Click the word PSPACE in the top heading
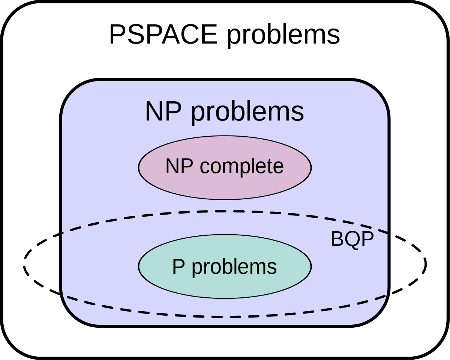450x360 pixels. click(x=163, y=35)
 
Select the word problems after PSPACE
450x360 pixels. click(x=283, y=36)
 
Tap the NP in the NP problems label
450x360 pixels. click(x=163, y=111)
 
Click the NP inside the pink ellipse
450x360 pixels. click(x=179, y=166)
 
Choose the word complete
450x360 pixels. click(x=242, y=167)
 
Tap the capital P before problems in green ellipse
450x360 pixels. click(x=178, y=267)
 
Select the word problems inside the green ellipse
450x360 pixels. click(x=234, y=268)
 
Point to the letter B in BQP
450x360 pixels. click(x=337, y=239)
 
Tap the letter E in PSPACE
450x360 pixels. click(x=209, y=35)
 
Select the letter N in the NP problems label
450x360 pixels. click(x=154, y=111)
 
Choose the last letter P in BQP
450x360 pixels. click(x=367, y=239)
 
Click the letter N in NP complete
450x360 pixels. click(x=172, y=166)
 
